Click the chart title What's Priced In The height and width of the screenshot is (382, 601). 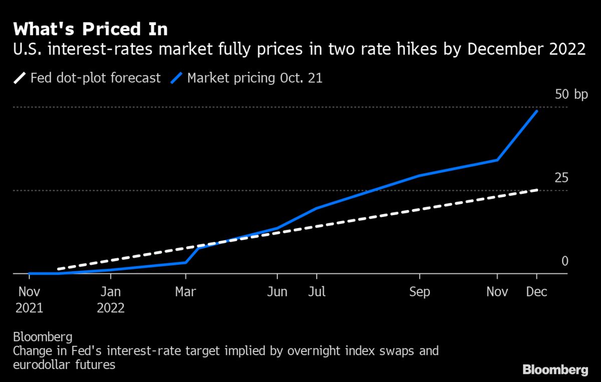[x=90, y=29]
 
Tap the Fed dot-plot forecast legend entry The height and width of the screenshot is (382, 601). [x=87, y=78]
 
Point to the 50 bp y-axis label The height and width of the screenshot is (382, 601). [x=571, y=95]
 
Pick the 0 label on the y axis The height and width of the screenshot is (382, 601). [x=565, y=261]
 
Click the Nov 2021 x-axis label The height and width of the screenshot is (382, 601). [x=29, y=299]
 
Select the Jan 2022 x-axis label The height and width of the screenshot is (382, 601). [x=111, y=299]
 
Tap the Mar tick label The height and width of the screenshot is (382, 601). [x=186, y=292]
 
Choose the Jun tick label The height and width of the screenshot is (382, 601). [x=277, y=292]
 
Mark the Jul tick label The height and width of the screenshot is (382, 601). [x=317, y=292]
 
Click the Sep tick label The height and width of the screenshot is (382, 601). [x=419, y=292]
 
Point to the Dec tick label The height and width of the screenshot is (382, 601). [x=537, y=292]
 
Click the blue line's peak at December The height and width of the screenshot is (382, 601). [x=537, y=111]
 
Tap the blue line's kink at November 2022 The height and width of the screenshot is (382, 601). [x=497, y=160]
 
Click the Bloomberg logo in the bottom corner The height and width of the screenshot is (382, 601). [x=555, y=370]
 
